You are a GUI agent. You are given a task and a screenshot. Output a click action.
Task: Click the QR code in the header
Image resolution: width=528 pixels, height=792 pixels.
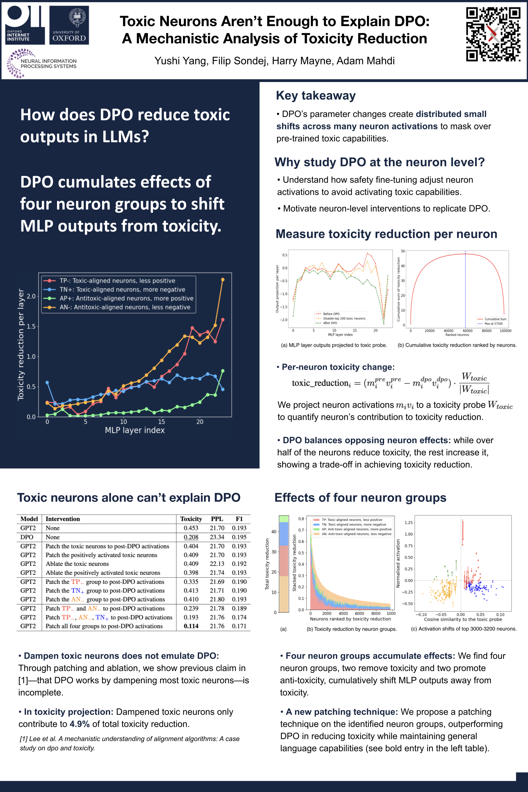(493, 34)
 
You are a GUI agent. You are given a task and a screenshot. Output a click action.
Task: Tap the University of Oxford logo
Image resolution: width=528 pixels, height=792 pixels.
(69, 25)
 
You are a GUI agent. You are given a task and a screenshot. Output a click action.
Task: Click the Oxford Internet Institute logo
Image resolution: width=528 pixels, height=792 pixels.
(24, 25)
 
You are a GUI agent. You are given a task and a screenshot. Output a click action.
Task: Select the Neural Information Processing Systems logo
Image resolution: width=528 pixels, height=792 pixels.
(42, 63)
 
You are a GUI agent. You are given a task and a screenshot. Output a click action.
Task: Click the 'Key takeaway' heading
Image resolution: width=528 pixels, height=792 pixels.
(316, 96)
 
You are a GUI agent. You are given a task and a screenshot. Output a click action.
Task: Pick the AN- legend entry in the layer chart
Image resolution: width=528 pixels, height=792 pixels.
(125, 307)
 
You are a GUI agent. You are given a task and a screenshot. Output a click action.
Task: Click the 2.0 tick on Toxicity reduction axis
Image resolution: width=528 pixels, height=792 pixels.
(31, 296)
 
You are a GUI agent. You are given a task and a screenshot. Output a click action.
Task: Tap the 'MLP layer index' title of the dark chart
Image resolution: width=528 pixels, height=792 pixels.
(135, 430)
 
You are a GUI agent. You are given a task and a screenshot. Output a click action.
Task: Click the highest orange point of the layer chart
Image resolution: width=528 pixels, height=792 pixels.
(222, 280)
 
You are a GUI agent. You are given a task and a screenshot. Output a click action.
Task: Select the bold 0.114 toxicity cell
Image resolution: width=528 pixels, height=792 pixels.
(191, 626)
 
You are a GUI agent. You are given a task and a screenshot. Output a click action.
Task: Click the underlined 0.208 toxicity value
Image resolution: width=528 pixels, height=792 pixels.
(191, 537)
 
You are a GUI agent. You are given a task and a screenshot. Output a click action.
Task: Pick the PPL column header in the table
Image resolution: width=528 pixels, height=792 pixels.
(217, 519)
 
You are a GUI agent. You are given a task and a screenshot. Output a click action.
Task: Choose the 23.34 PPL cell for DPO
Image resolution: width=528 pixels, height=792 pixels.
(217, 537)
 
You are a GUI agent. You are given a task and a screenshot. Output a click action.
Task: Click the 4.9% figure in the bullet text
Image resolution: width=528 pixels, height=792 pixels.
(80, 724)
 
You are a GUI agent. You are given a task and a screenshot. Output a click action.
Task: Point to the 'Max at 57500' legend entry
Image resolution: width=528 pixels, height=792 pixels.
(493, 324)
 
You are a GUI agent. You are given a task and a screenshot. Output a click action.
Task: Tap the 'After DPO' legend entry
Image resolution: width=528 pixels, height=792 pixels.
(330, 323)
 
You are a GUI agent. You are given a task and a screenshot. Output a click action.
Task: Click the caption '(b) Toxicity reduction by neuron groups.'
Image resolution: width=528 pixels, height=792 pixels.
(351, 629)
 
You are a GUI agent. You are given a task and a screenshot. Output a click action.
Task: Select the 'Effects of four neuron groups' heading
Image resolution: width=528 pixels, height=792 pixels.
(360, 498)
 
